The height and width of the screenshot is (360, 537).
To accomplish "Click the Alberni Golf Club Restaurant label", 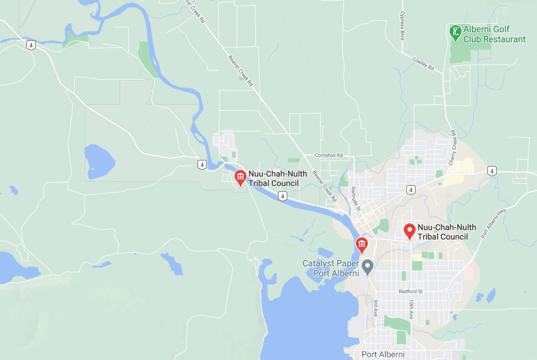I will (x=494, y=34).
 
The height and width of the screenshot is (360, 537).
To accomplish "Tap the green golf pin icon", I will (x=455, y=31).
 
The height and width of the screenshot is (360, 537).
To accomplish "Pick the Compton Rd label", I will (x=329, y=155).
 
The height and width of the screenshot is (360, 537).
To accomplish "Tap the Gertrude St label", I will (x=353, y=197).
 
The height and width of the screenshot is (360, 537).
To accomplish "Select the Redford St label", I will (x=411, y=291).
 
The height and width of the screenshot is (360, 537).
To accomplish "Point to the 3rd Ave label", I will (x=375, y=308).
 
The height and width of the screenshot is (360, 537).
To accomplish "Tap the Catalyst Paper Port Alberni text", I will (x=331, y=268).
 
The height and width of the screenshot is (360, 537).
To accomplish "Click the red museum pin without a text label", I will (x=362, y=244).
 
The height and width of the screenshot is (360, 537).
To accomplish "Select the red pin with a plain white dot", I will (x=409, y=230).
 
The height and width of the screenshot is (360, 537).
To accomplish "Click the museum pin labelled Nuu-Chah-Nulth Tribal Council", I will (x=240, y=177).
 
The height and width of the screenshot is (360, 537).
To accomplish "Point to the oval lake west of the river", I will (x=99, y=161).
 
